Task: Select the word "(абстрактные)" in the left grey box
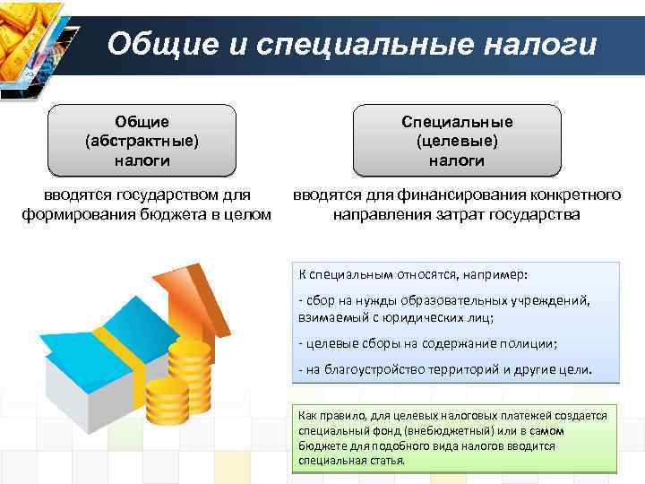point(142,141)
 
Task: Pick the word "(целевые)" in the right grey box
point(457,141)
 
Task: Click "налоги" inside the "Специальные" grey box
point(457,160)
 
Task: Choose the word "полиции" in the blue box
point(527,343)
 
